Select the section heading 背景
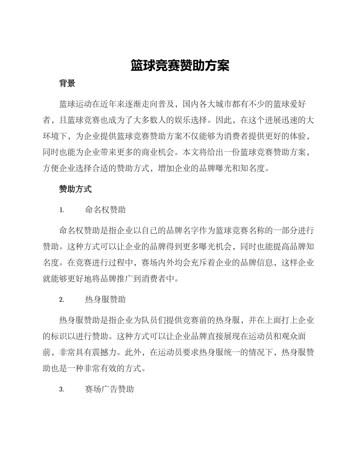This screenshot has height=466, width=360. click(x=67, y=84)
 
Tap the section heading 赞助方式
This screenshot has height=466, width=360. click(x=75, y=189)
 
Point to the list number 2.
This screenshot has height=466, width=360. click(x=61, y=300)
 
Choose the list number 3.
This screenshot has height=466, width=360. click(x=61, y=390)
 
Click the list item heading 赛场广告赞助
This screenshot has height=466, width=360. click(x=110, y=389)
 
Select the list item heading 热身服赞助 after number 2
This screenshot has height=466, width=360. click(x=105, y=300)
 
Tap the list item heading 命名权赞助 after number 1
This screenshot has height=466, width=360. click(x=105, y=210)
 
